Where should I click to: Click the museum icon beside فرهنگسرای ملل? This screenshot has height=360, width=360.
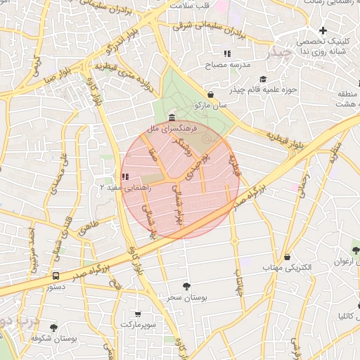coord(172,117)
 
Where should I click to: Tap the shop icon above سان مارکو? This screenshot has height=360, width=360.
coord(211,94)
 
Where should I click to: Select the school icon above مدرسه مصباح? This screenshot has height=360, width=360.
coord(226,53)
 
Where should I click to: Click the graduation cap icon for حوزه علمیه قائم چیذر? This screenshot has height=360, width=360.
coord(263,79)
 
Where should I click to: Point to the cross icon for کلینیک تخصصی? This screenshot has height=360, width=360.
coord(323,30)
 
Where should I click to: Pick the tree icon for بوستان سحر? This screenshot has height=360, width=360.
coord(186,286)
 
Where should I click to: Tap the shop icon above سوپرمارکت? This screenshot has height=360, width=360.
coord(137,314)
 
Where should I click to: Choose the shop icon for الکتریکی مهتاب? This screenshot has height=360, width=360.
coord(287,257)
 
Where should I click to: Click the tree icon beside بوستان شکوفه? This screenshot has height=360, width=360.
coord(53,327)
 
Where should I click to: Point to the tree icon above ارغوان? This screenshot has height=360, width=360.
coord(356,250)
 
